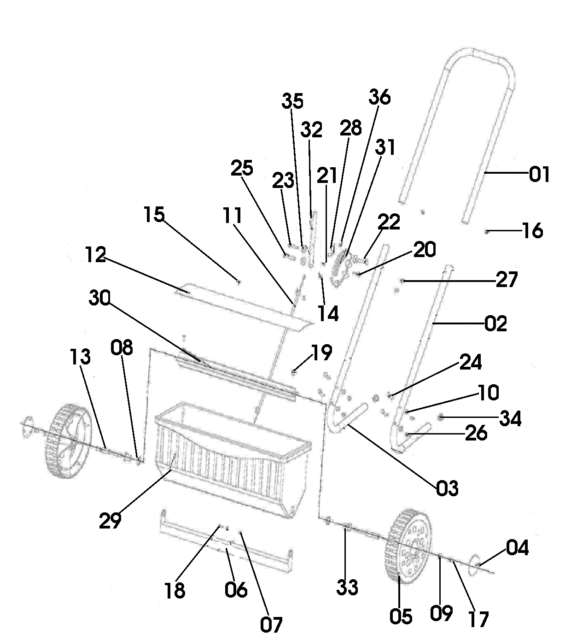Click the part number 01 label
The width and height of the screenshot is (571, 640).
pyautogui.click(x=539, y=175)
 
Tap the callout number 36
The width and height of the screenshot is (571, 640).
pyautogui.click(x=380, y=97)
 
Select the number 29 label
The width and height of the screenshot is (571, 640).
pyautogui.click(x=110, y=521)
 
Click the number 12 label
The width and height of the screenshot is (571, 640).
pyautogui.click(x=96, y=255)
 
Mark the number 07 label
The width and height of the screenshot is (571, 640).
pyautogui.click(x=271, y=622)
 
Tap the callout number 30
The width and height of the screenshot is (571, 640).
pyautogui.click(x=99, y=298)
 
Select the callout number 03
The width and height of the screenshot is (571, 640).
pyautogui.click(x=447, y=488)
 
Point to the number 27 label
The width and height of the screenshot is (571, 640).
pyautogui.click(x=507, y=279)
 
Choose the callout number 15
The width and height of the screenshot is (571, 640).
pyautogui.click(x=154, y=214)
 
